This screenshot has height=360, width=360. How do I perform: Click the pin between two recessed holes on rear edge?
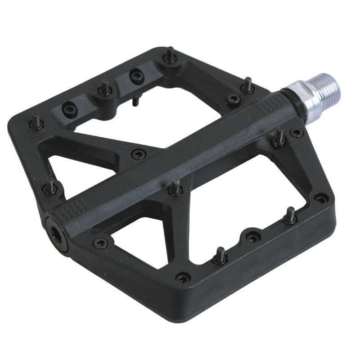(104, 89)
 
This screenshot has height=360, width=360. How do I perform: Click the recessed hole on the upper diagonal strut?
(138, 154)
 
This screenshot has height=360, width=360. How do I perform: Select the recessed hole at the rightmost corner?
(320, 198)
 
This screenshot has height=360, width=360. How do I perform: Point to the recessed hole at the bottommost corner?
(183, 277)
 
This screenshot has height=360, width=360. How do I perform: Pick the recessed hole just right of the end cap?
(100, 243)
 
